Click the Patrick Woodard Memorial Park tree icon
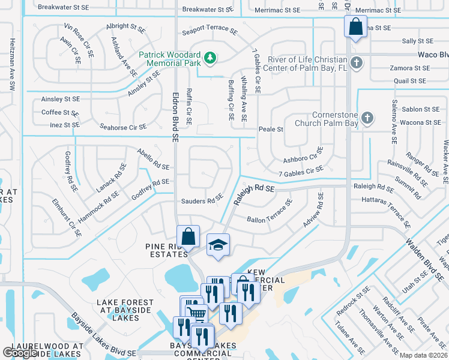pyautogui.click(x=209, y=58)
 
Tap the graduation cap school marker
pyautogui.click(x=218, y=245)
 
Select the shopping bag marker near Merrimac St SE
pyautogui.click(x=355, y=26)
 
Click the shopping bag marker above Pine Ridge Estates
pyautogui.click(x=188, y=237)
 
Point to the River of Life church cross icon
pyautogui.click(x=357, y=62)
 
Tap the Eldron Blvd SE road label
pyautogui.click(x=175, y=116)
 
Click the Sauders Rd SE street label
pyautogui.click(x=202, y=200)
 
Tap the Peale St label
pyautogui.click(x=270, y=129)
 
